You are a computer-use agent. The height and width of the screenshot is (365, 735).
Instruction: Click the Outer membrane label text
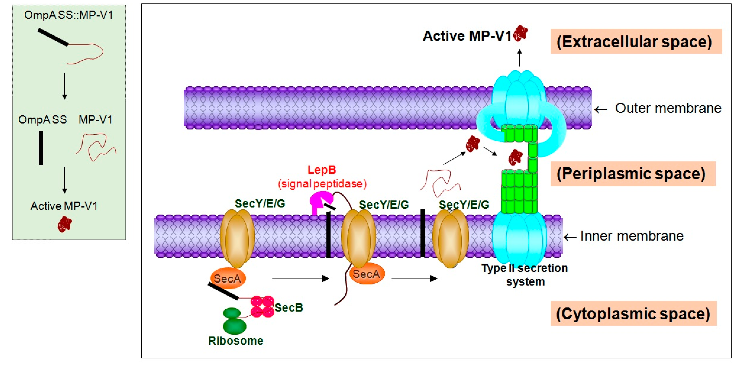click(668, 108)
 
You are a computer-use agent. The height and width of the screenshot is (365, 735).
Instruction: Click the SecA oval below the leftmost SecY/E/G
click(228, 278)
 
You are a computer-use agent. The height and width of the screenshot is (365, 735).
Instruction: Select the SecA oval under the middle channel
click(367, 274)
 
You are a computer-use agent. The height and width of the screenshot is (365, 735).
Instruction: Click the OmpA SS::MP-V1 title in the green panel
click(68, 15)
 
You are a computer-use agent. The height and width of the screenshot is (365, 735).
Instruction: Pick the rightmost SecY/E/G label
click(464, 205)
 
